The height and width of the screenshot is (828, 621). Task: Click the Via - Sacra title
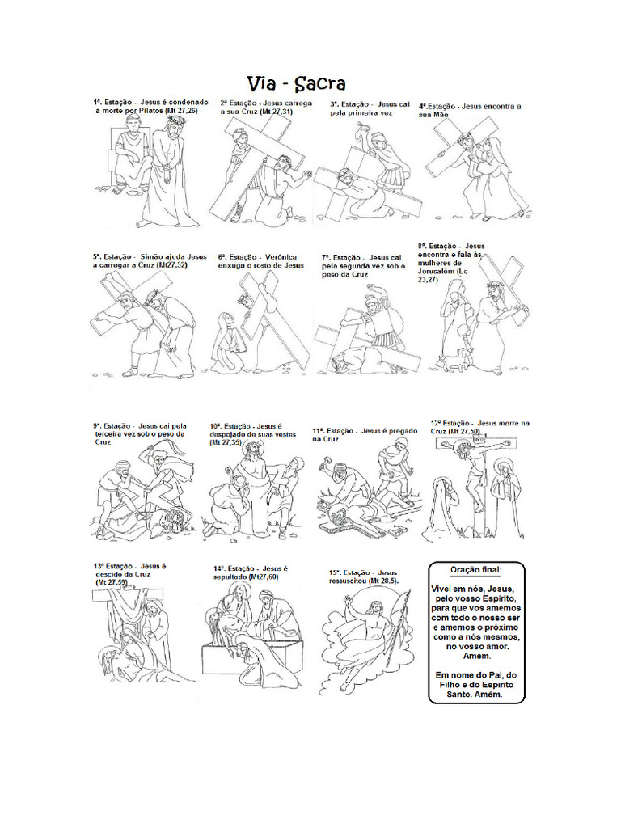tap(296, 83)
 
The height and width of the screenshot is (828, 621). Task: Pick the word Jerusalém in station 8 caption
tap(440, 272)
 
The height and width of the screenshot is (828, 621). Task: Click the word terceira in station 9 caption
tap(110, 434)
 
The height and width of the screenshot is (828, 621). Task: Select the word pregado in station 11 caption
tap(402, 431)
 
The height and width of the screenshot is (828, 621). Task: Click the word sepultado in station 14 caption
tap(230, 577)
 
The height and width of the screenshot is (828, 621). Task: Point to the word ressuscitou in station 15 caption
tap(348, 581)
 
